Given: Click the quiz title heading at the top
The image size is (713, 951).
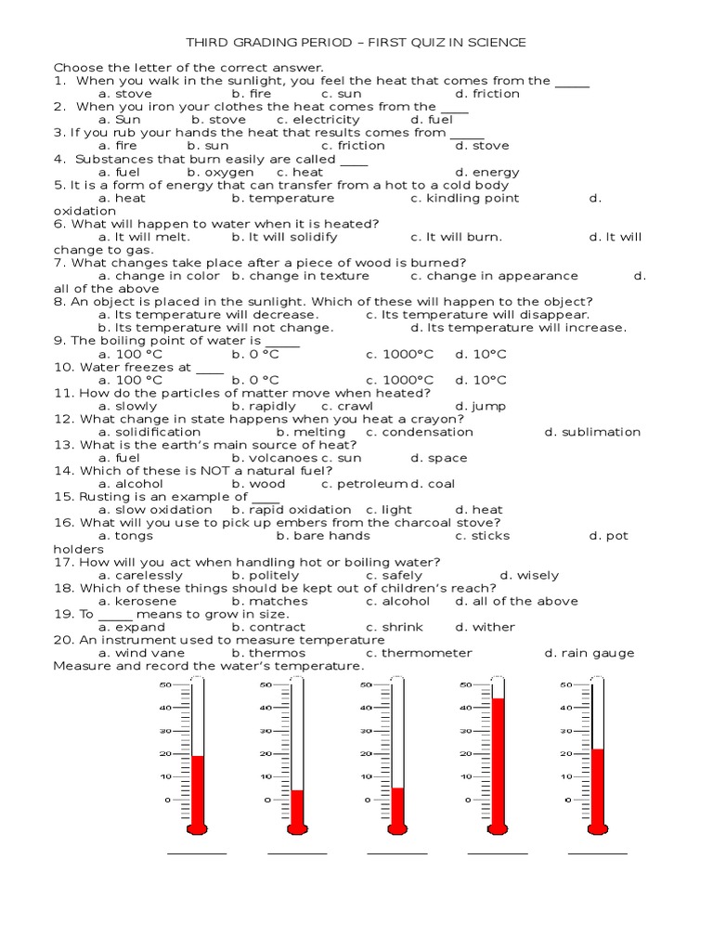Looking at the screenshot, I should pos(356,43).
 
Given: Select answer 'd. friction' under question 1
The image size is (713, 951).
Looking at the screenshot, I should pos(487,94).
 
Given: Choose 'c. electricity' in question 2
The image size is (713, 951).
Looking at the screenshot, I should pos(318,120).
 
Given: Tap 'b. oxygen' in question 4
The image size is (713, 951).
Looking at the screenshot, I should pos(220,172).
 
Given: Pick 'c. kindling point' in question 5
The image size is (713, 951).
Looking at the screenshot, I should pos(465,198).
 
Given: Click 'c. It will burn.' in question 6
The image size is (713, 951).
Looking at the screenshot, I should pos(456,237).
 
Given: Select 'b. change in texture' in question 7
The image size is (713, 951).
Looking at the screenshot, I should pos(300,276).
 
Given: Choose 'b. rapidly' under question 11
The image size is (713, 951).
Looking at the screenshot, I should pos(264,406).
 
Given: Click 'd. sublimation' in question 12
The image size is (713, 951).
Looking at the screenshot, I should pos(592,432).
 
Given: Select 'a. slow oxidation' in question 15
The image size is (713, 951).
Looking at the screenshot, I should pos(155,510).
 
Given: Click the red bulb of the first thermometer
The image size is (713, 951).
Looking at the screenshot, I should pos(197,828).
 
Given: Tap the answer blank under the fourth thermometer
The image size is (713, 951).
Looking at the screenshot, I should pos(498,852).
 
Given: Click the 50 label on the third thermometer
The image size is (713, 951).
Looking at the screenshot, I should pos(365,685).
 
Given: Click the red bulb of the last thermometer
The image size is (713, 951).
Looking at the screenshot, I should pos(597,828).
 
